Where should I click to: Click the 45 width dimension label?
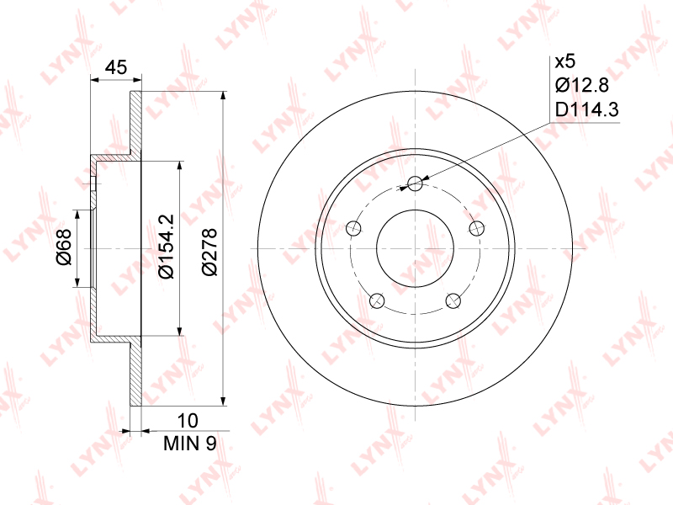(x=116, y=67)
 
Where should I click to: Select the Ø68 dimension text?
(x=65, y=247)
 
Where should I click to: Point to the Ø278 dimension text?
(x=209, y=252)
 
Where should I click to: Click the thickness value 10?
(x=188, y=421)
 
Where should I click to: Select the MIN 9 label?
(x=190, y=444)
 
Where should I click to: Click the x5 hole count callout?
(x=564, y=61)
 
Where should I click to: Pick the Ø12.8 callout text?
(x=582, y=86)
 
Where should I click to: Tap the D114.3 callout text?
(x=586, y=109)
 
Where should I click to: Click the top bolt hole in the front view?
(x=415, y=183)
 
